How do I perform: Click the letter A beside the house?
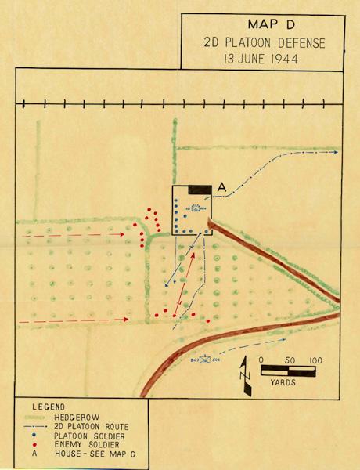(x=221, y=188)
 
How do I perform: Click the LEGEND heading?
(x=50, y=407)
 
